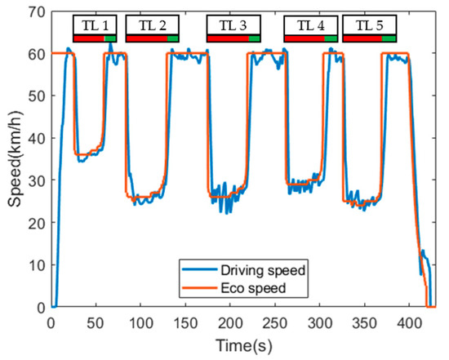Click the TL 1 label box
[x=95, y=25]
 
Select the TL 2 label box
[x=152, y=25]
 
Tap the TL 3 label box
[x=233, y=25]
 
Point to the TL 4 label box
[x=310, y=25]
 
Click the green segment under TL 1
[x=110, y=38]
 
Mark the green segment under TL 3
[x=255, y=38]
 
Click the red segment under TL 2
[x=146, y=38]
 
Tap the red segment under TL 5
[x=362, y=38]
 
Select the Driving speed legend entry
[x=242, y=270]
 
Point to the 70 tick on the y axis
[x=36, y=11]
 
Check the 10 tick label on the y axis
[x=36, y=264]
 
